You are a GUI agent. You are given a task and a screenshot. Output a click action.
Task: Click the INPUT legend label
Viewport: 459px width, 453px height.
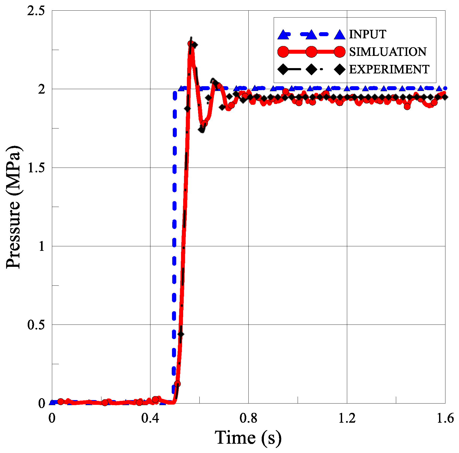[x=367, y=34]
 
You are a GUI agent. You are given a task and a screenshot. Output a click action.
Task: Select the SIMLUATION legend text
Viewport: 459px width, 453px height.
[x=388, y=52]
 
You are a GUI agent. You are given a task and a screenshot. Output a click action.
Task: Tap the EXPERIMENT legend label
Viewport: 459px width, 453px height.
[x=389, y=69]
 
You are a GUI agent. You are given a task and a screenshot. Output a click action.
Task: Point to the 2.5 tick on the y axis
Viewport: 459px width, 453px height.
[x=36, y=11]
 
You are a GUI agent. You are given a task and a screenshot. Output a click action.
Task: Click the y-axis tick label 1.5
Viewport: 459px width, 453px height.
[x=36, y=168]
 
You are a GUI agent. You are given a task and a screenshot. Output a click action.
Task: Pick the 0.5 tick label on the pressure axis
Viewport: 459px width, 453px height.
[x=36, y=325]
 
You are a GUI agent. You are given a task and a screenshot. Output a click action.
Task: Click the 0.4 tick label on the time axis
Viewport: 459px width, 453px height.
[x=150, y=418]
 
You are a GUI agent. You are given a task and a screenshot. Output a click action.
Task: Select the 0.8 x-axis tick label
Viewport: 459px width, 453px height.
[x=248, y=418]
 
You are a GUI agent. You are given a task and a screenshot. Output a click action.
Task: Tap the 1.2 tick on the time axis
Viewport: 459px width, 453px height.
[x=347, y=418]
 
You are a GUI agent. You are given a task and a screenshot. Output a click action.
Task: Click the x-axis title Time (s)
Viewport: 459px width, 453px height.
[x=248, y=438]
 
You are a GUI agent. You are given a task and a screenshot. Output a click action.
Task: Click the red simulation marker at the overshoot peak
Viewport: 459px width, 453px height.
[x=191, y=44]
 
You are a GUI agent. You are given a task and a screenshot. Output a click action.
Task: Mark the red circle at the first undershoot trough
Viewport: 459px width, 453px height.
[x=204, y=123]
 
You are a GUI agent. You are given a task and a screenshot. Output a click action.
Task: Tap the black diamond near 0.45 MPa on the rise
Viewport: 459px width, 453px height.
[x=181, y=334]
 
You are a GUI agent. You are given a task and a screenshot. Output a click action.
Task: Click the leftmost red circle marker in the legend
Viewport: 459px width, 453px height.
[x=283, y=52]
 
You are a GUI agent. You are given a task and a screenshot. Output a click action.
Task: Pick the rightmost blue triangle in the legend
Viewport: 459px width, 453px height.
[x=340, y=35]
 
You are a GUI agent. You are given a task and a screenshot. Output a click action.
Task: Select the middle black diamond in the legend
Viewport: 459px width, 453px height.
[x=311, y=69]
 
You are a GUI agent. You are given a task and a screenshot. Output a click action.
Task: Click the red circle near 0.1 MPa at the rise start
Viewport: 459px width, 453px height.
[x=177, y=384]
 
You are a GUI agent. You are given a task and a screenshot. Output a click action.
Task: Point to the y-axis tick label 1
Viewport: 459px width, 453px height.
[x=41, y=247]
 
